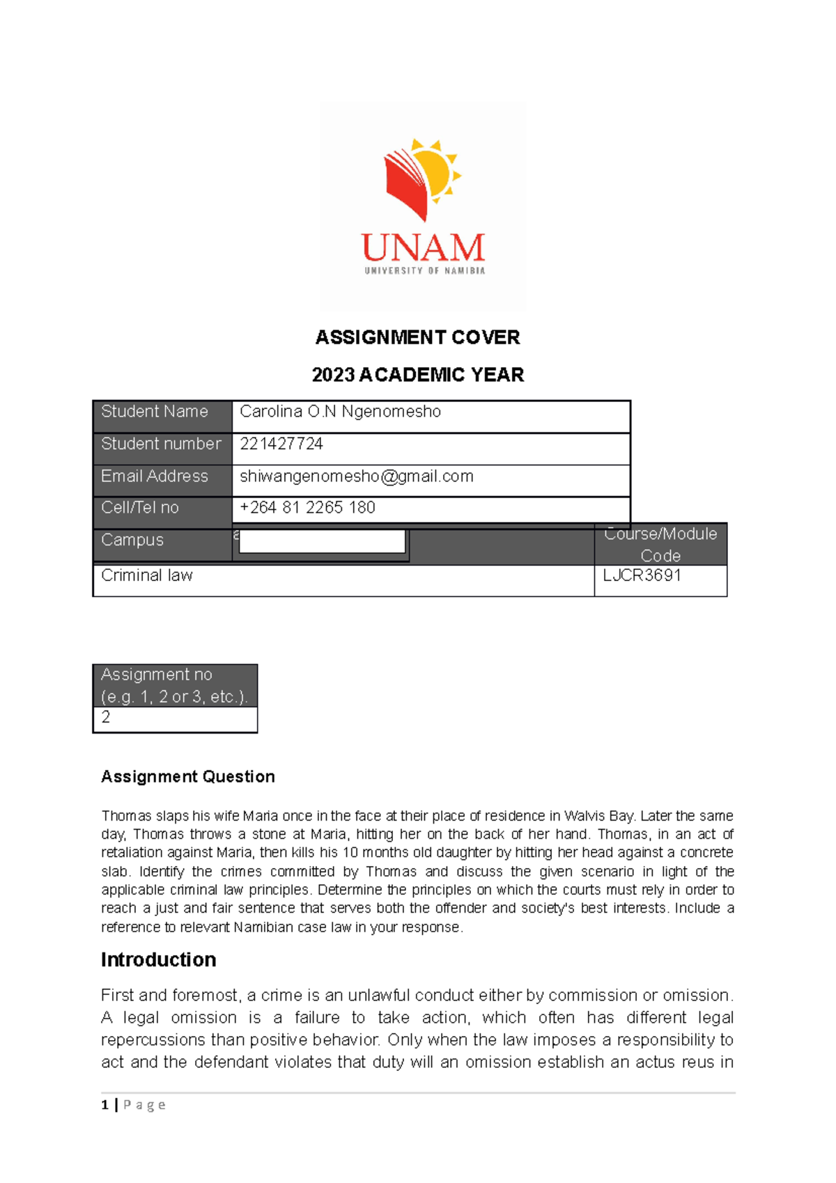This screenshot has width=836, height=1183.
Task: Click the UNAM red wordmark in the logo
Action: [423, 248]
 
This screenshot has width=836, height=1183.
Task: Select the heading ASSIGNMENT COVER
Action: [417, 337]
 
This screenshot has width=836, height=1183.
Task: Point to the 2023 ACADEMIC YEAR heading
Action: [417, 375]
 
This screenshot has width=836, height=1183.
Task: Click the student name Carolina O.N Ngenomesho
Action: [340, 412]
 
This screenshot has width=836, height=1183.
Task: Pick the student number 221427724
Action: [281, 444]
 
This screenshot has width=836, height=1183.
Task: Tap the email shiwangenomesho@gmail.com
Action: [356, 476]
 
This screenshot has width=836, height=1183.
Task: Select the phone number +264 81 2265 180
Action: [307, 507]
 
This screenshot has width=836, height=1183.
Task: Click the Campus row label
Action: [132, 540]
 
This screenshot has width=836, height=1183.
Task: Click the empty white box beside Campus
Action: [322, 541]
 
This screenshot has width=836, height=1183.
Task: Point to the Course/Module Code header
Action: [660, 544]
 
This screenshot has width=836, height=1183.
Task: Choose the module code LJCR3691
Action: [642, 575]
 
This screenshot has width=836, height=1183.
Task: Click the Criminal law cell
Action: [147, 575]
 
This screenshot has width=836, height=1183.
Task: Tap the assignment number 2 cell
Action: [106, 718]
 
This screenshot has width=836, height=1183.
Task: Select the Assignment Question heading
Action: [187, 776]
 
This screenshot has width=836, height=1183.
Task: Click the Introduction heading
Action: [158, 959]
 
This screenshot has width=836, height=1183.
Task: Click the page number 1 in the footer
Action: [105, 1104]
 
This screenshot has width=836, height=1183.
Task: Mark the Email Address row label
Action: [155, 476]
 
